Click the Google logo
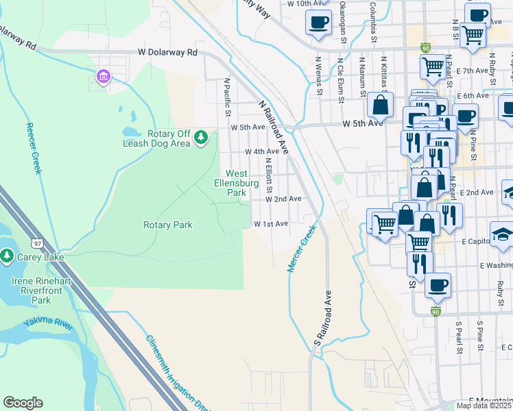(x=23, y=402)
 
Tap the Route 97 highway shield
(x=37, y=242)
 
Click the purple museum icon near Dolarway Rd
(x=104, y=76)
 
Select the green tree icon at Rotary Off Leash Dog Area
(x=201, y=138)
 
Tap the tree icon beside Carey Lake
(x=7, y=256)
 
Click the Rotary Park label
(x=168, y=225)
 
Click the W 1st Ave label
(x=271, y=224)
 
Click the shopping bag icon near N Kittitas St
(x=379, y=105)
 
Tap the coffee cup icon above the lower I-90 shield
(x=437, y=285)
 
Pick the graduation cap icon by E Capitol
(x=502, y=234)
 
